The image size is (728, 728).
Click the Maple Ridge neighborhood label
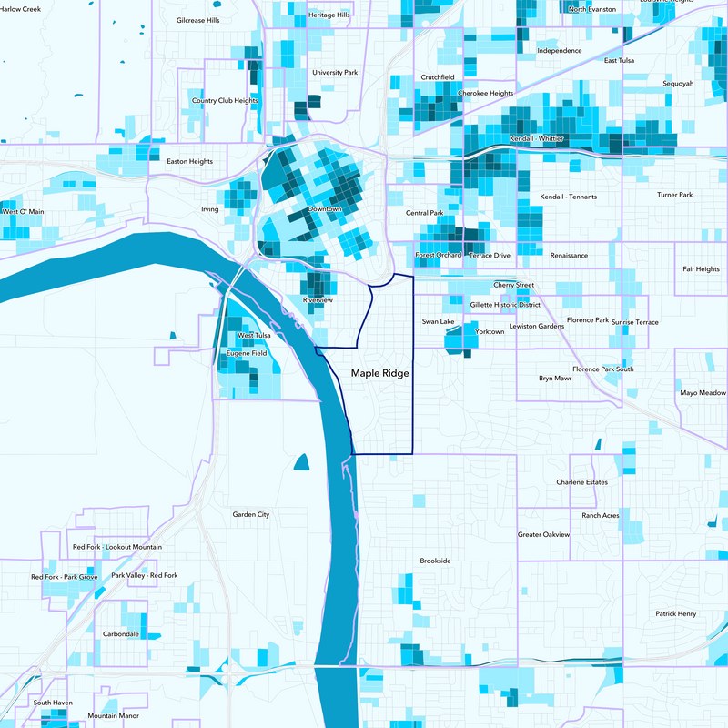pos(380,373)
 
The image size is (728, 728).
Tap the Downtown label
pos(325,209)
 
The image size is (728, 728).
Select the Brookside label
pos(435,561)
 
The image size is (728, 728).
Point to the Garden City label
pos(250,515)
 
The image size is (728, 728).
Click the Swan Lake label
pos(438,322)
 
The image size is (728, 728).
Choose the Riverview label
pos(318,300)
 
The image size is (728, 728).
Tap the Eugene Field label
pos(247,352)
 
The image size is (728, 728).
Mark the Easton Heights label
pos(189,162)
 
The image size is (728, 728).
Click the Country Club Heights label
pos(225,101)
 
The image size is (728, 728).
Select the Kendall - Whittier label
pos(537,137)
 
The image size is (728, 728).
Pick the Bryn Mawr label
pos(554,378)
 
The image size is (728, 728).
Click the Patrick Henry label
pos(675,614)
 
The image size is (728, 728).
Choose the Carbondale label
pos(121,633)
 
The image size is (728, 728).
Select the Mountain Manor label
pos(114,716)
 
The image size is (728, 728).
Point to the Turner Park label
pos(674,195)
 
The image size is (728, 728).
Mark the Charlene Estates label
pos(581,482)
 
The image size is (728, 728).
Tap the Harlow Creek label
pos(20,9)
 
